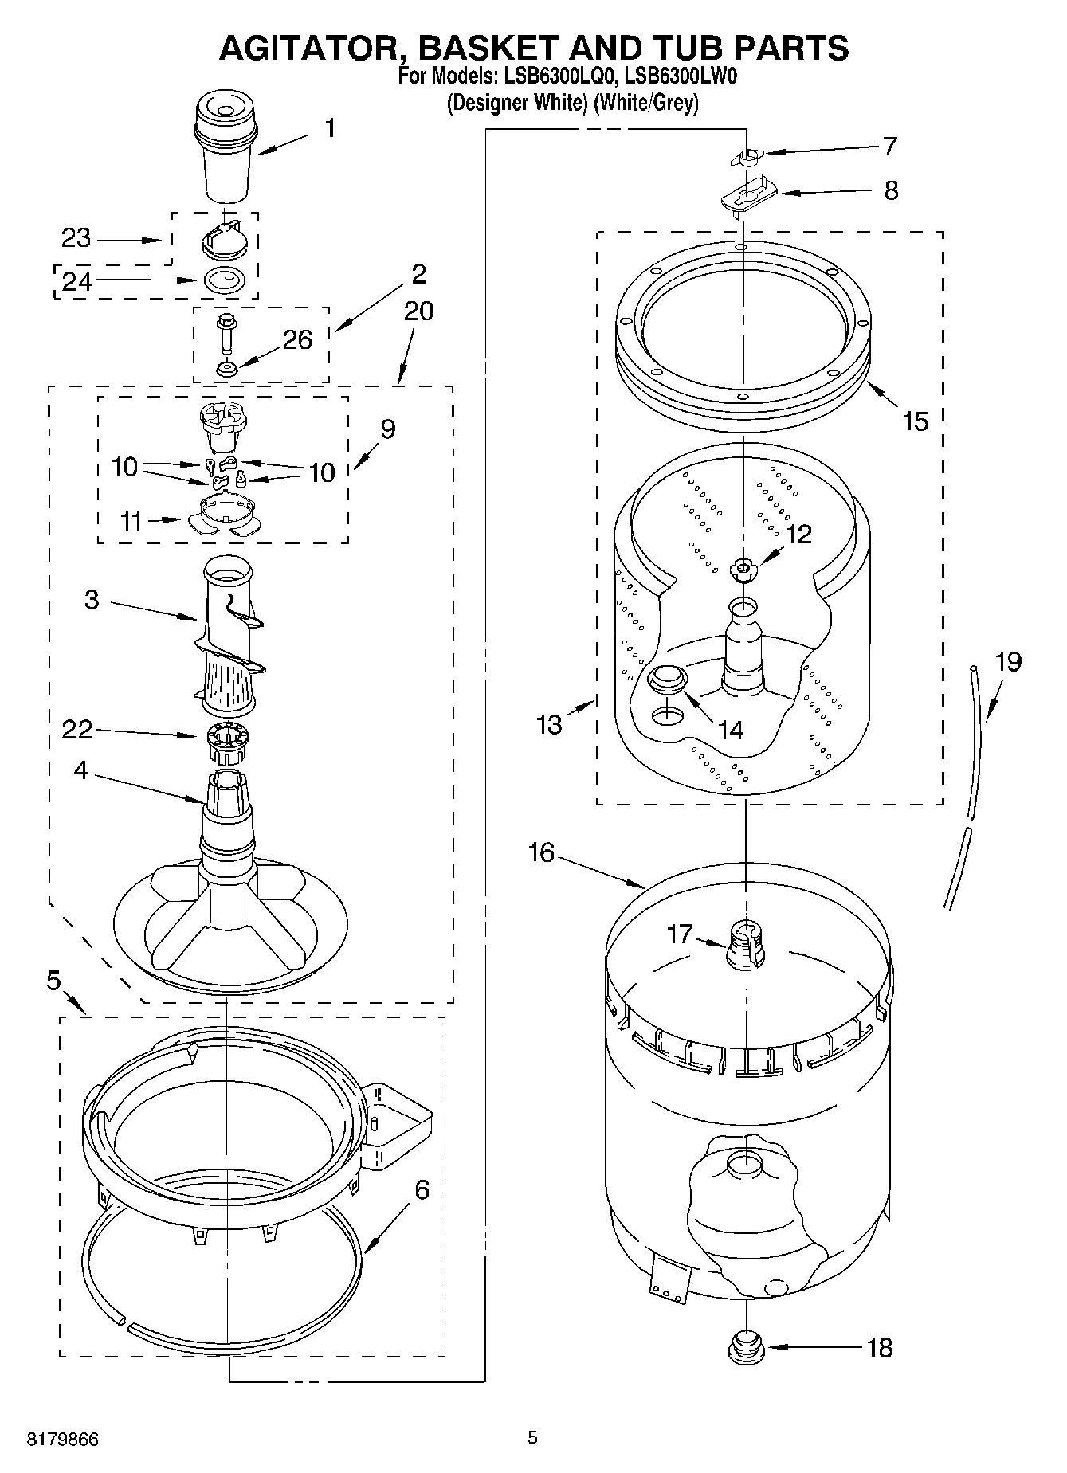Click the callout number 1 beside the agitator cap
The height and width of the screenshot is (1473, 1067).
pos(329,128)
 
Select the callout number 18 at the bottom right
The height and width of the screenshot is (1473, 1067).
pos(879,1348)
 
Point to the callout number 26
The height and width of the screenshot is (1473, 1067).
pos(297,339)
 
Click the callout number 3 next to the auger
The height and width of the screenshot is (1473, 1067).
pos(92,599)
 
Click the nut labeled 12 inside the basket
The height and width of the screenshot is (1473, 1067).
pos(743,567)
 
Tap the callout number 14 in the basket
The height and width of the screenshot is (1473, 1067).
pos(729,730)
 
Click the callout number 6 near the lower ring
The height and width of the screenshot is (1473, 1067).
pos(422,1189)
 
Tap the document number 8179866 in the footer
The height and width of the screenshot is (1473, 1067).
pos(63,1440)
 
